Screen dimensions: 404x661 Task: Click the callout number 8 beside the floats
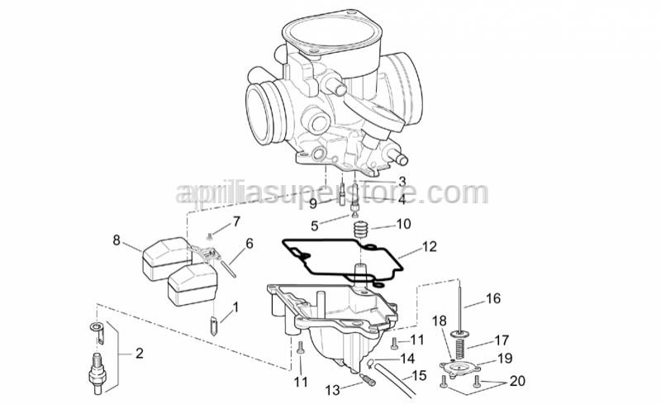(117, 240)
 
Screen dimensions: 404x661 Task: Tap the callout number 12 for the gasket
(429, 246)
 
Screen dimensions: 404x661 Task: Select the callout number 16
(493, 298)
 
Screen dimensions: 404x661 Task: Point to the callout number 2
(139, 354)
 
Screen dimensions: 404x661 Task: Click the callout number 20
(516, 381)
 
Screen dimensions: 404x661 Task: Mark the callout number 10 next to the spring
(403, 224)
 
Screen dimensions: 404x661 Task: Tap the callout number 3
(402, 181)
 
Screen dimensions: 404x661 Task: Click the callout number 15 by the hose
(419, 376)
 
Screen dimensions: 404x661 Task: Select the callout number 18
(439, 321)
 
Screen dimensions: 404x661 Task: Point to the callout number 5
(315, 225)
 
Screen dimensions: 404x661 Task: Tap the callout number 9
(313, 203)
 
